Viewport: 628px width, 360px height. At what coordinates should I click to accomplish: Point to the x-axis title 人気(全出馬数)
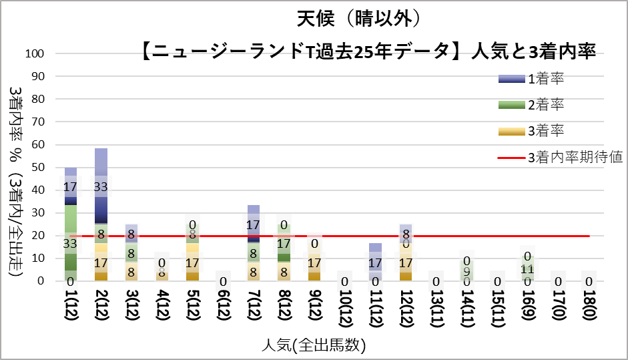point(314,345)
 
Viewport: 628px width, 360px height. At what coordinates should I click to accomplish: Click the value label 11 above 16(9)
point(528,269)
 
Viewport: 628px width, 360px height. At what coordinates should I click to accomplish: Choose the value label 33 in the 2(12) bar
point(101,188)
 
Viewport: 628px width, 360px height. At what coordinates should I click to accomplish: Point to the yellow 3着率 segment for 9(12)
point(315,267)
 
